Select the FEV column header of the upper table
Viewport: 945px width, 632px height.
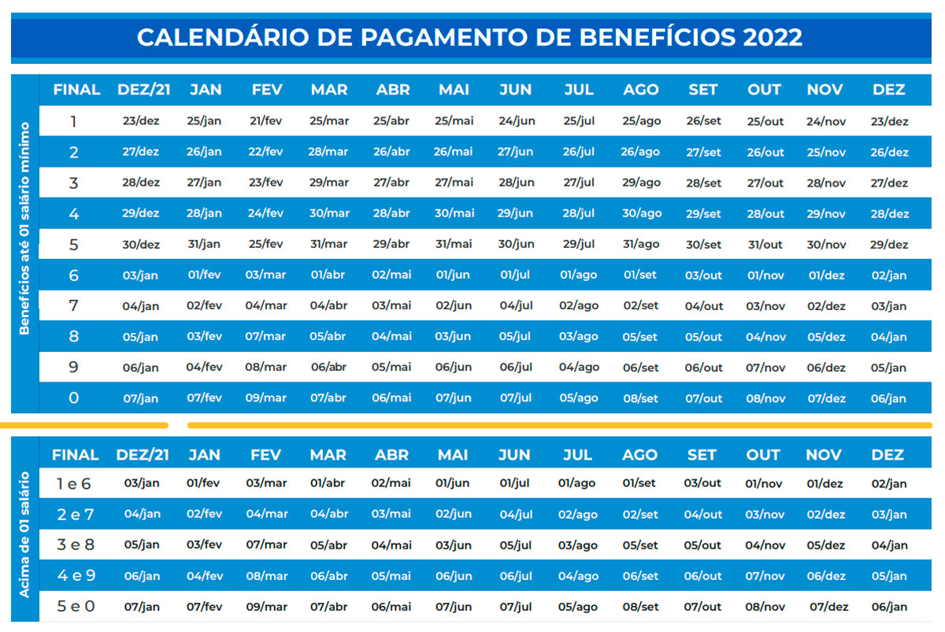pos(267,90)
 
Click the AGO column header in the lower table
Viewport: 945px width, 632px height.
pos(639,455)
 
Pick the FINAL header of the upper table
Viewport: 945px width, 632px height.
pos(76,90)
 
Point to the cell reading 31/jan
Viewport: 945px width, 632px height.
pos(203,244)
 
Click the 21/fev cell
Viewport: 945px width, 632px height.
pos(266,121)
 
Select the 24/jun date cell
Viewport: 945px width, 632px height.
pos(517,121)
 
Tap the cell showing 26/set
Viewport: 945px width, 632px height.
pos(703,122)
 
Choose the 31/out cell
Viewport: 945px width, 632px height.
pos(765,244)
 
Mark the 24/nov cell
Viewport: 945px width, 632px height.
pos(825,122)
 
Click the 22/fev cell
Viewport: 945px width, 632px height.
pos(265,152)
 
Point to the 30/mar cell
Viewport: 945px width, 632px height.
pos(329,213)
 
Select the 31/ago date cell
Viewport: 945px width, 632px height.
pos(640,244)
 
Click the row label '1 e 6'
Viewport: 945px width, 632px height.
pos(74,484)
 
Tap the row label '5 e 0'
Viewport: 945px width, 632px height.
pos(76,607)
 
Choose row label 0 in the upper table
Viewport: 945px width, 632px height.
pos(74,398)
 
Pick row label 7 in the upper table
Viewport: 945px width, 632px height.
pos(74,305)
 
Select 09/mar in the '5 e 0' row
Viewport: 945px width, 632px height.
pos(266,607)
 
